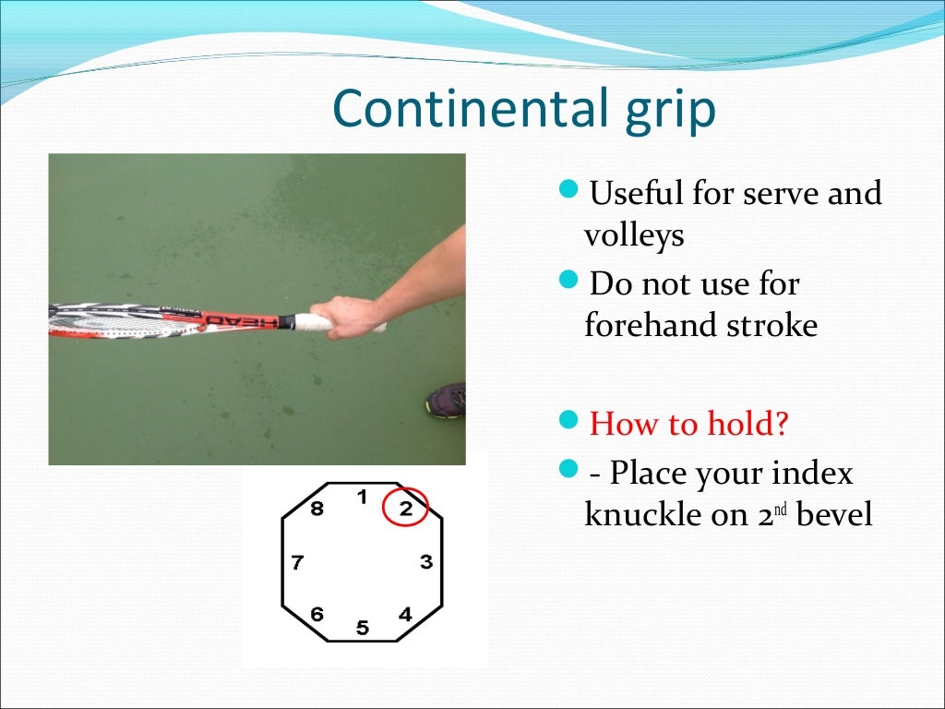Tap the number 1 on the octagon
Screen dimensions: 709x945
363,497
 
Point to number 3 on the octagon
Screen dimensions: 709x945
425,561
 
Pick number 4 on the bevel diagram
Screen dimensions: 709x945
405,614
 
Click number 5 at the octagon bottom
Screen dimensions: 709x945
363,629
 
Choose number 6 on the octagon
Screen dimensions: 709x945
317,614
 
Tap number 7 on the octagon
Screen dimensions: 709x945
297,562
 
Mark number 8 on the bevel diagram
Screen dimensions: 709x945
317,509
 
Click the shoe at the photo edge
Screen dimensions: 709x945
447,401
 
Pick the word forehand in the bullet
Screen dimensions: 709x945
642,325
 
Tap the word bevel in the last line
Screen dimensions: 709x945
834,514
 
